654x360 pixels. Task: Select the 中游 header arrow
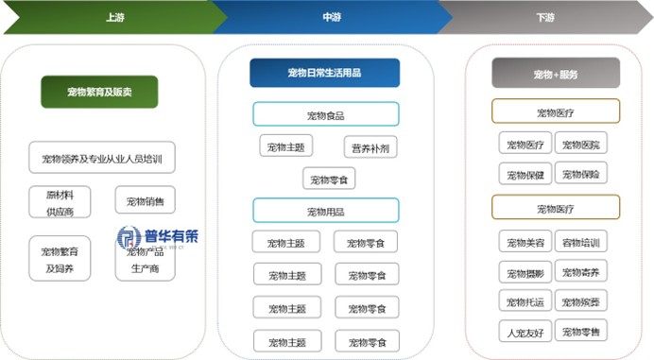click(326, 17)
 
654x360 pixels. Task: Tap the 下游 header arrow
click(543, 17)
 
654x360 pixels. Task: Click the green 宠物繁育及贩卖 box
click(98, 92)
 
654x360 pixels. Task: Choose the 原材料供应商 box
click(60, 201)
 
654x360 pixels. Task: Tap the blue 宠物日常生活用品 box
click(324, 73)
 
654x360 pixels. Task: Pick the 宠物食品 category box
click(325, 115)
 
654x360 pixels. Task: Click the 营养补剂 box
click(370, 147)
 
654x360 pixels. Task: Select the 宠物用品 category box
click(325, 210)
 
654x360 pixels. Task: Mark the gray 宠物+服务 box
click(555, 73)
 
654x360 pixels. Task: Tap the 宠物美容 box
click(525, 242)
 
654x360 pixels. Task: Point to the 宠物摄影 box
click(525, 272)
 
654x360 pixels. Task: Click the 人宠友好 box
click(525, 331)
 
